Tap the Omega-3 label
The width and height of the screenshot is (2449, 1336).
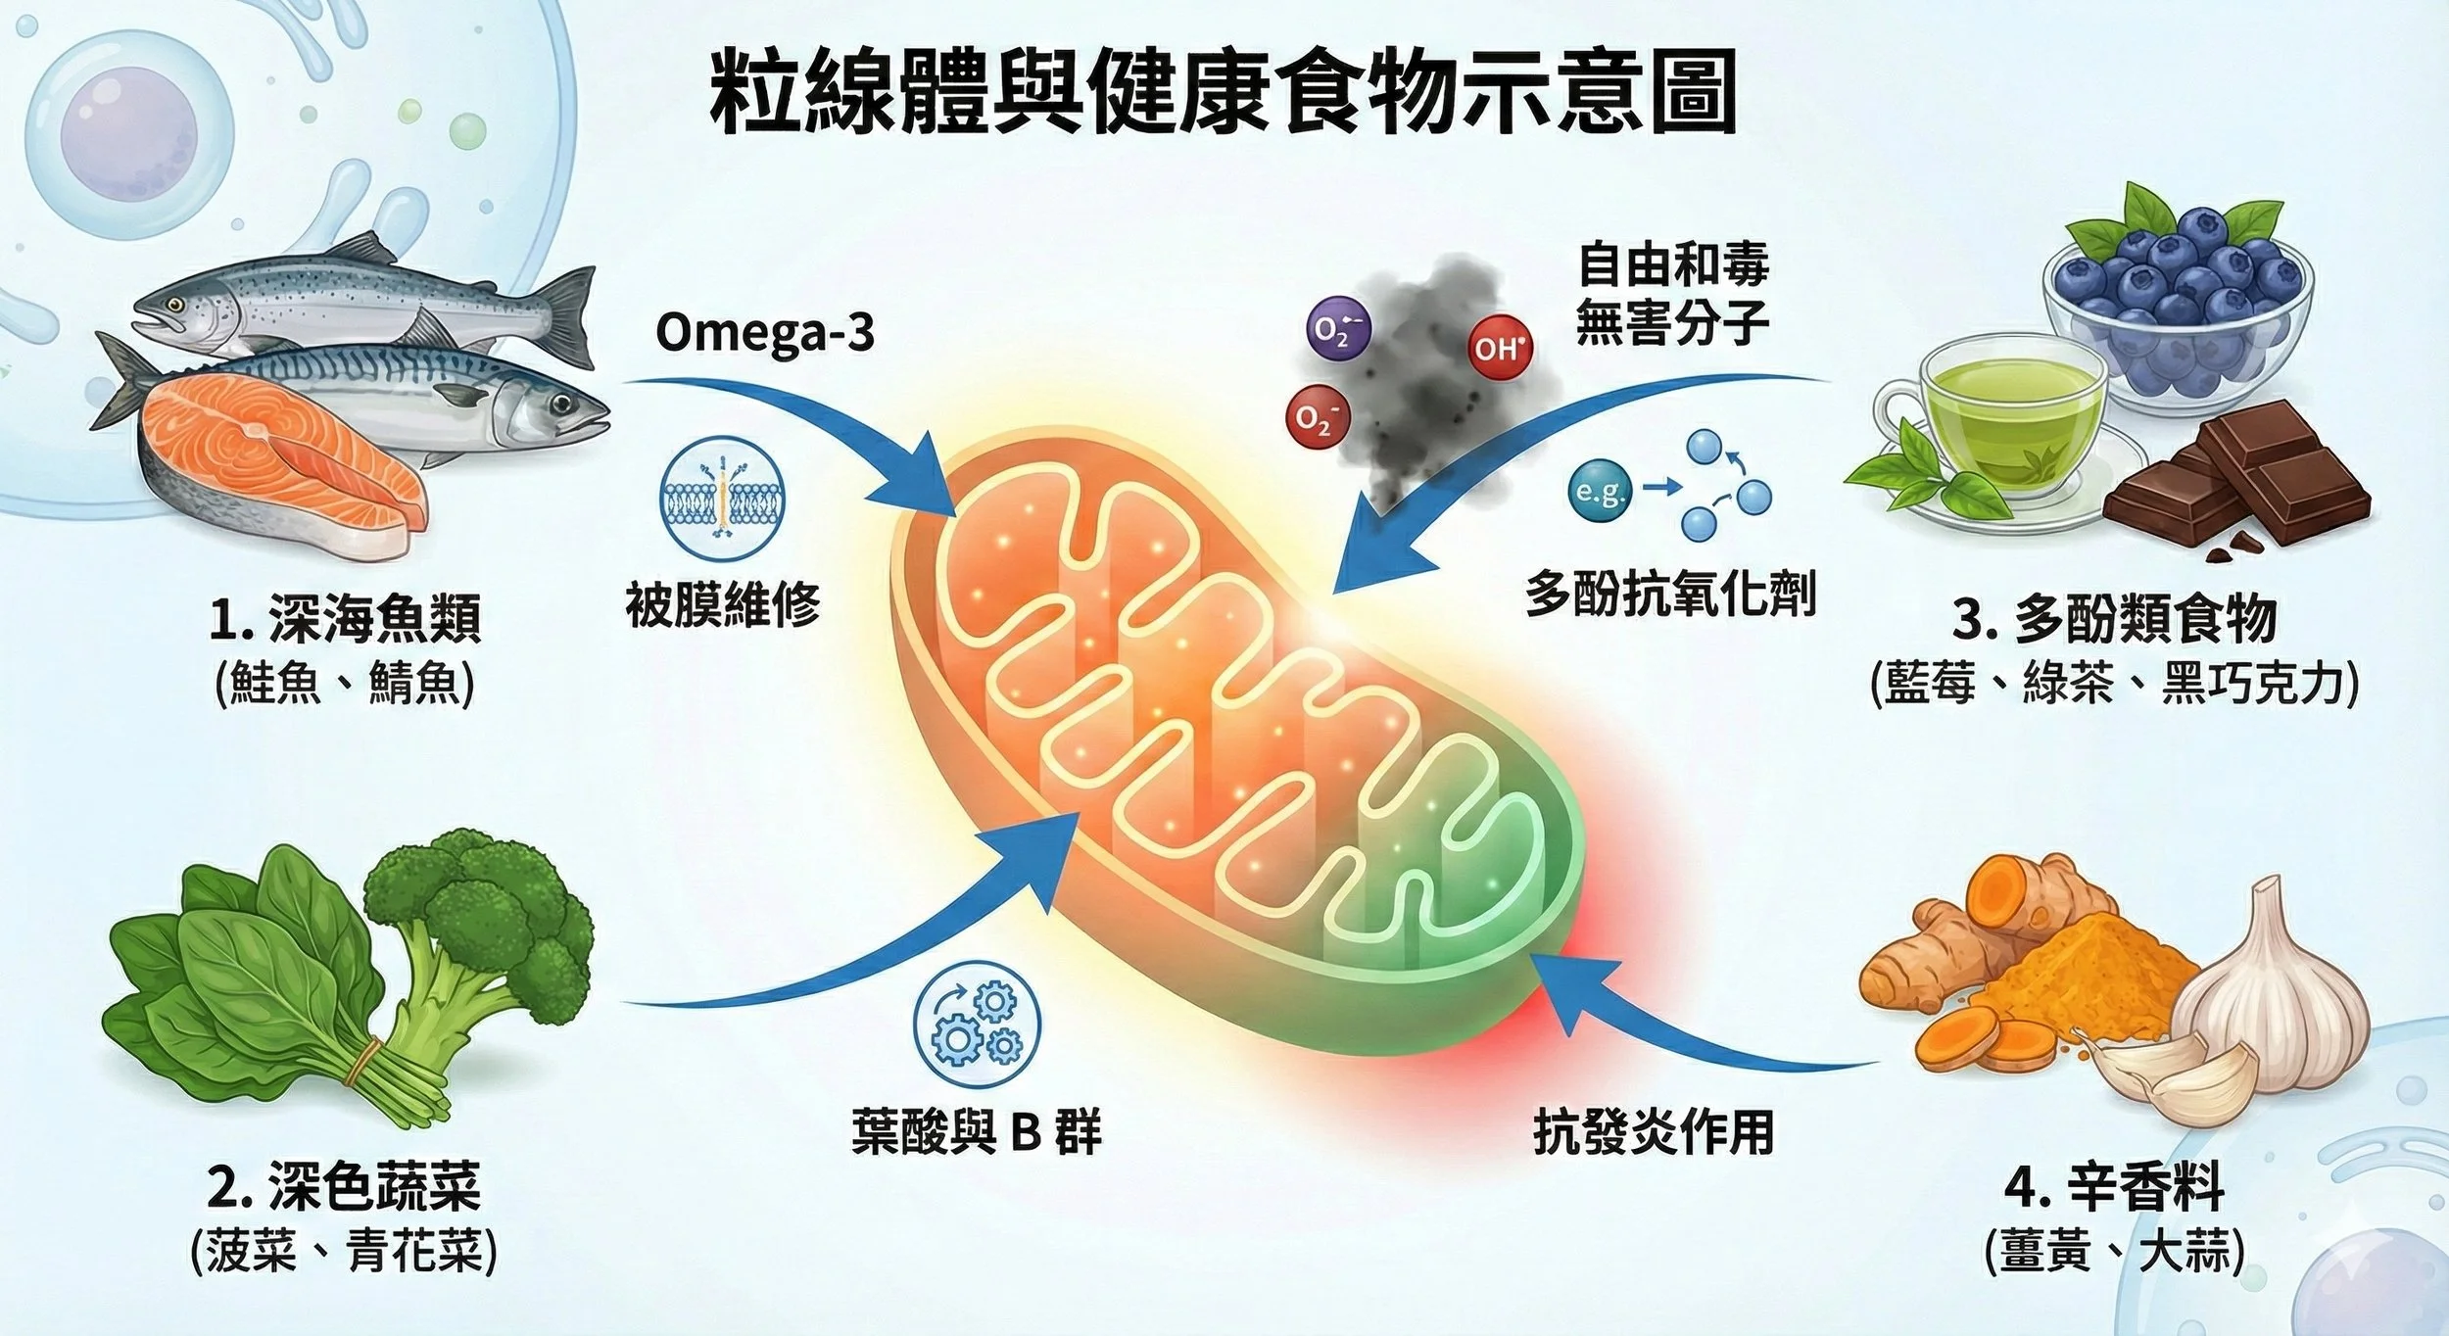pos(764,333)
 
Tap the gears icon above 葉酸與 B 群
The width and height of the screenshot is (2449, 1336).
pos(977,1025)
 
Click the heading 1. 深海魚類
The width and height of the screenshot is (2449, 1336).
pos(345,619)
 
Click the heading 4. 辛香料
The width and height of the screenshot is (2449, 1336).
pos(2115,1188)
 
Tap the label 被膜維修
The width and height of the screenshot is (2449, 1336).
pos(723,604)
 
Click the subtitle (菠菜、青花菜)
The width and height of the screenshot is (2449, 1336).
pos(343,1251)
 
